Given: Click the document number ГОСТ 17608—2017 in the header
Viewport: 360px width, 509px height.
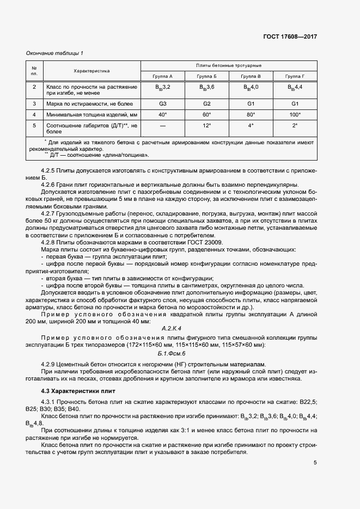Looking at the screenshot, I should (x=289, y=36).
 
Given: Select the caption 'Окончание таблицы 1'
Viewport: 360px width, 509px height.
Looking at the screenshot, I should (x=55, y=53).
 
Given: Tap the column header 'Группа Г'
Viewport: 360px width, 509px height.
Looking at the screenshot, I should (x=295, y=76).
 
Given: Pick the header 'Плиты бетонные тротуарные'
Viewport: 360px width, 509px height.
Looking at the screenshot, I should (x=228, y=65).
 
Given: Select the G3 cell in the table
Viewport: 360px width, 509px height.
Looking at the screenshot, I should (x=162, y=103).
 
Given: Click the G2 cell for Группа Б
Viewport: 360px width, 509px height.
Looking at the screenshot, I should (x=206, y=103).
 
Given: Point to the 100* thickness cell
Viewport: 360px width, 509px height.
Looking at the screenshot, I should (x=295, y=114).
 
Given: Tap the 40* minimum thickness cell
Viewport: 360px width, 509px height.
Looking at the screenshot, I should (x=162, y=114).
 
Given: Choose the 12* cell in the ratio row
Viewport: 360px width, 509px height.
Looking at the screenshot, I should (x=206, y=125).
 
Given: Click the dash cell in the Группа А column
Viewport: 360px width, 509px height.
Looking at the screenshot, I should (x=162, y=125).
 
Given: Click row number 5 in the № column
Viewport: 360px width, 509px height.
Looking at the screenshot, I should (x=34, y=125).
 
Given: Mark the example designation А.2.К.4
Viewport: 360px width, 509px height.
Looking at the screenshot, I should (x=172, y=328).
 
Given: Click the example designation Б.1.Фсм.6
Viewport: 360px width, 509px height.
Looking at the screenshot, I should (x=172, y=354).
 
